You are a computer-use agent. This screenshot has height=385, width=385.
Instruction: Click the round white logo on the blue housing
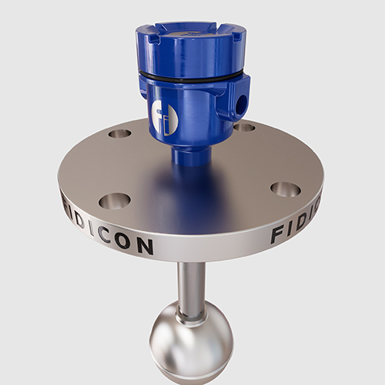(x=165, y=119)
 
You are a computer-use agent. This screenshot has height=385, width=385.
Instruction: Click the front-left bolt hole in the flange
(x=114, y=201)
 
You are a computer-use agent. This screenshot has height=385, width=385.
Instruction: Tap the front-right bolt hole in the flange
(x=285, y=189)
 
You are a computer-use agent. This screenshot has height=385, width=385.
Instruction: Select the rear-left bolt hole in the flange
(x=119, y=133)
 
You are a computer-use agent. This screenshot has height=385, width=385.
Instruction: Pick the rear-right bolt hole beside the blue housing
(x=245, y=126)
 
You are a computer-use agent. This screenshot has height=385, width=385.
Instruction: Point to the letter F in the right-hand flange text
(x=278, y=236)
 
